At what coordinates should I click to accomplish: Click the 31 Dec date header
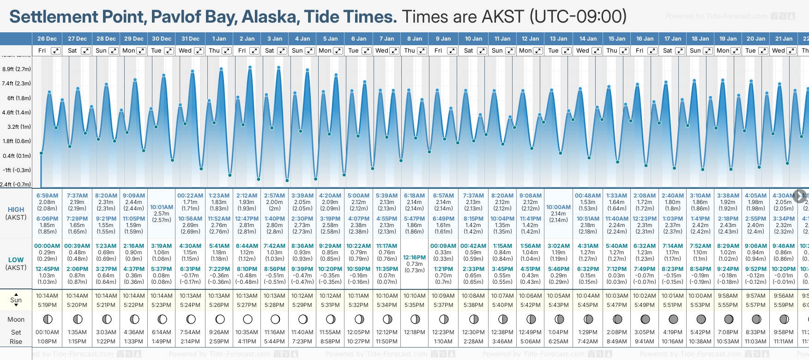pos(190,39)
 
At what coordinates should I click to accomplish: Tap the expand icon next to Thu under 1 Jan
pos(227,51)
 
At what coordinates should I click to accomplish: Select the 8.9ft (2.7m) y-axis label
pos(17,69)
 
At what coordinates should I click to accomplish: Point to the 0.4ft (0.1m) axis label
pos(17,156)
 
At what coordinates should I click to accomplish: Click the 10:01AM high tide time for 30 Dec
pos(162,207)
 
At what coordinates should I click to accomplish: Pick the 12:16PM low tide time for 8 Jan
pos(414,258)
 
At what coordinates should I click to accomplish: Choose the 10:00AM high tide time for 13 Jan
pos(558,207)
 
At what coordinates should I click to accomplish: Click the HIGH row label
pos(16,210)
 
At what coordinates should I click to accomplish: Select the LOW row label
pos(16,260)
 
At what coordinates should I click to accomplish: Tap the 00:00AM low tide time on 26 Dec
pos(47,246)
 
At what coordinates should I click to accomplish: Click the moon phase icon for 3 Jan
pos(275,319)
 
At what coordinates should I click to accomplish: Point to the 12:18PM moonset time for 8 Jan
pos(414,332)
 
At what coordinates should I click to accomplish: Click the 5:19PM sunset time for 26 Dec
pos(47,305)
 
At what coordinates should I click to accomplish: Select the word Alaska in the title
pos(270,17)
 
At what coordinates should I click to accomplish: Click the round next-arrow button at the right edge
pos(800,196)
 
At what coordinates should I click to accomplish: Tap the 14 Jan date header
pos(588,39)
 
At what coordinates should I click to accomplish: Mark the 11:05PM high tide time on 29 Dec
pos(134,219)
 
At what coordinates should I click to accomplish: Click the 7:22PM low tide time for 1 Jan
pos(219,269)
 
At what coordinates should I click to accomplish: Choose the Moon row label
pos(16,319)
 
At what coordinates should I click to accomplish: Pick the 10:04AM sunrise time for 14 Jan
pos(588,296)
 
